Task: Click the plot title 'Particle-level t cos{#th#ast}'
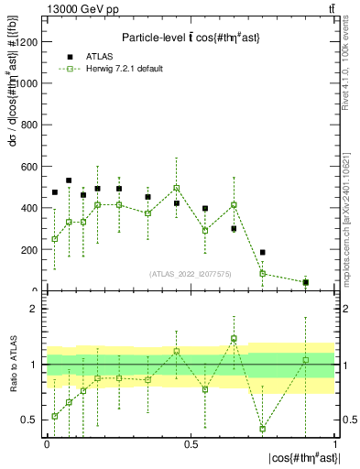pyautogui.click(x=191, y=38)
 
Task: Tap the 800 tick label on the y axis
pyautogui.click(x=30, y=125)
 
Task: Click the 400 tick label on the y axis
pyautogui.click(x=30, y=208)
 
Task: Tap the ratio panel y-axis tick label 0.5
pyautogui.click(x=31, y=420)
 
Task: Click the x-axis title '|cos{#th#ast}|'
pyautogui.click(x=301, y=458)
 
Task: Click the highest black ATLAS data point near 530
pyautogui.click(x=69, y=180)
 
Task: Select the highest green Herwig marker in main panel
pyautogui.click(x=176, y=188)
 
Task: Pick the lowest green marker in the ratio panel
pyautogui.click(x=263, y=429)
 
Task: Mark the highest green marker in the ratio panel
pyautogui.click(x=234, y=338)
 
